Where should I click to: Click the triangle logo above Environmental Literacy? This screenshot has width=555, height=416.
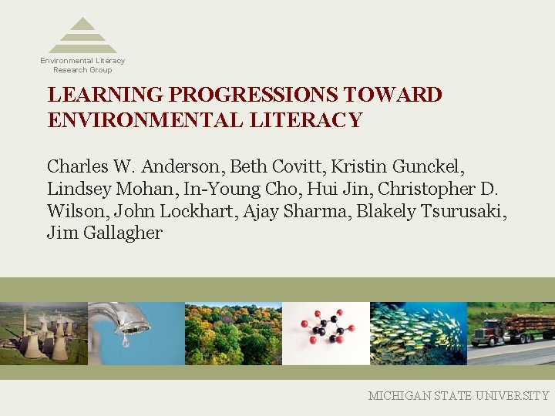(x=82, y=35)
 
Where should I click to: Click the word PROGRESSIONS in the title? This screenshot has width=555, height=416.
(x=253, y=95)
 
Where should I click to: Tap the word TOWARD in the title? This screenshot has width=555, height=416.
(x=393, y=95)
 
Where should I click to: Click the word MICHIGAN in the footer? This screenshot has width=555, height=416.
(x=401, y=395)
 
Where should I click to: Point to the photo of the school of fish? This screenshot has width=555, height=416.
(x=418, y=333)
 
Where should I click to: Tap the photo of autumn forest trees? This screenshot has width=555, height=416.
(x=233, y=333)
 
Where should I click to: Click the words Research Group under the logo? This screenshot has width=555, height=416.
(x=82, y=69)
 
